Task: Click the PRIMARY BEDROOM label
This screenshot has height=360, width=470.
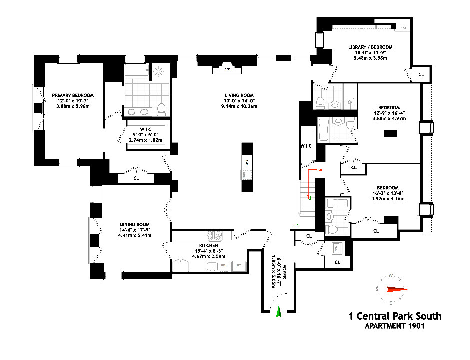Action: [x=73, y=95]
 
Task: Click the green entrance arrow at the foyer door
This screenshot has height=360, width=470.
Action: [x=279, y=312]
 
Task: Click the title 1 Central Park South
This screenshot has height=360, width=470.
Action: [x=395, y=316]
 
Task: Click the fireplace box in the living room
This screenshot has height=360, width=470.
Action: [x=226, y=69]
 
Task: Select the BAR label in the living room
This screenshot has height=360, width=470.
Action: [x=247, y=162]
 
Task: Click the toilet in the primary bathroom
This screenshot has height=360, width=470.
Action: [x=161, y=109]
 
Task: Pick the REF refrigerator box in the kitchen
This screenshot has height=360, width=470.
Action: [x=238, y=265]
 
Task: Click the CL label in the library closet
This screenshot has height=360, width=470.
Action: [x=421, y=74]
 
